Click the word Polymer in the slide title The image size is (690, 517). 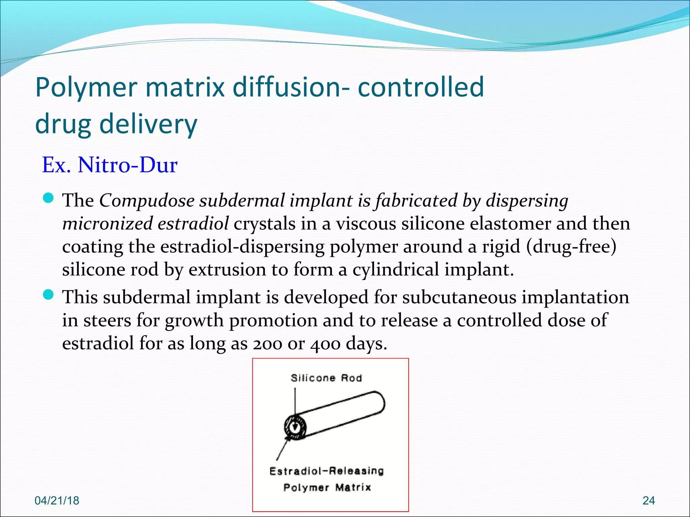tap(86, 88)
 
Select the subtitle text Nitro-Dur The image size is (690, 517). tap(127, 165)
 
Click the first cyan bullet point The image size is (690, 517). tap(49, 198)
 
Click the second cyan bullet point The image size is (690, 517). tap(49, 295)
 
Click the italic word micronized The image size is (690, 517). tap(107, 223)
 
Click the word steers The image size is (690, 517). tap(107, 320)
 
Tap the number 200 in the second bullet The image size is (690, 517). tap(267, 344)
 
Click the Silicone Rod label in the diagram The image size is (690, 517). tap(326, 378)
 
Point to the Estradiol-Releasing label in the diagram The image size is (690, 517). tap(326, 471)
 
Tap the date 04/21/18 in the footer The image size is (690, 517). tap(57, 501)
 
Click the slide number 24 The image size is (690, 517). tap(649, 501)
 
